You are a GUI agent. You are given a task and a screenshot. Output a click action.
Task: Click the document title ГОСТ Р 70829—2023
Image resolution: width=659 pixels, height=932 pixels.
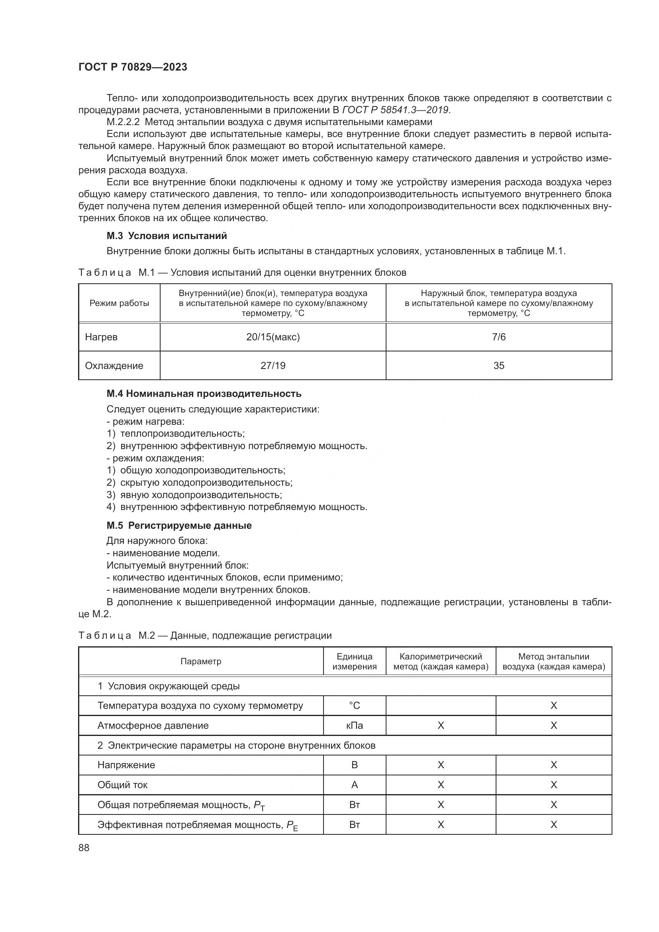133,67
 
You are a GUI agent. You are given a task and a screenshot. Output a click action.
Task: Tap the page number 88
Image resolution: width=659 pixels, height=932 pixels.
84,847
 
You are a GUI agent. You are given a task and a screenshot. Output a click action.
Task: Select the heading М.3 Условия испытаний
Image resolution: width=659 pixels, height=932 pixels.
167,236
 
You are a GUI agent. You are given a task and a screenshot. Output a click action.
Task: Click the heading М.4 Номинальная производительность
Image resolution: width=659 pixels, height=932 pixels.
204,393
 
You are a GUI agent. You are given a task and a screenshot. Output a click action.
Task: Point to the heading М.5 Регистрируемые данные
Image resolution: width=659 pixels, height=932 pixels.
179,525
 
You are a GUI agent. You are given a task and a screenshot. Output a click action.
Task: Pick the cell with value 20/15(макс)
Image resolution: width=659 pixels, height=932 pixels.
273,337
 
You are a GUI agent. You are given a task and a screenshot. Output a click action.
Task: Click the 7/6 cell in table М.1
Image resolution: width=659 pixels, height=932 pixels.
499,337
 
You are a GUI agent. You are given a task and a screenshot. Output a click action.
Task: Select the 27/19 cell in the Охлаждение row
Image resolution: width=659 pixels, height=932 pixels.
273,365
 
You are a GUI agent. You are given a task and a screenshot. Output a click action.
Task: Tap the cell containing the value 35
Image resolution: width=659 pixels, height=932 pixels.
499,365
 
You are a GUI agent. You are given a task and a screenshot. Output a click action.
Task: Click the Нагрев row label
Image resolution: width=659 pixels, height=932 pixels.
101,337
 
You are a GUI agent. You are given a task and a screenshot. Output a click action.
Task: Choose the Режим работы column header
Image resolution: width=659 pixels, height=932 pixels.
119,303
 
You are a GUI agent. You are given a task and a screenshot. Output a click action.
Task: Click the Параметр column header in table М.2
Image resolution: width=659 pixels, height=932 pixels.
201,661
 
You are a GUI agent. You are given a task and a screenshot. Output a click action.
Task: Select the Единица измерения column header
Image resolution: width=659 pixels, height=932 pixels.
354,661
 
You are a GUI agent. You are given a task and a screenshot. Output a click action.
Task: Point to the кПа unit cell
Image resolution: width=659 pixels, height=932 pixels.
354,725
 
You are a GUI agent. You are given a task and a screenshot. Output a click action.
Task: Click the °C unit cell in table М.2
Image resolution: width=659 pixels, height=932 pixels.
354,706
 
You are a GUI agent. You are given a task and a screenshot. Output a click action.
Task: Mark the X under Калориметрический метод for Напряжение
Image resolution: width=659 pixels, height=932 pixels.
441,765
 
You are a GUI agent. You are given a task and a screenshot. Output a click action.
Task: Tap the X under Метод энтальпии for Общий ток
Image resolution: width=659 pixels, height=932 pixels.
553,785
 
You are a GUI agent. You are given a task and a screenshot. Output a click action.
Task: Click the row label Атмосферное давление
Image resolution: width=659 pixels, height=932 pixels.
153,725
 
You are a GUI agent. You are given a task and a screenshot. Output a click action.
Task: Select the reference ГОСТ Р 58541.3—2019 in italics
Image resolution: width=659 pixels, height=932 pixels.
395,110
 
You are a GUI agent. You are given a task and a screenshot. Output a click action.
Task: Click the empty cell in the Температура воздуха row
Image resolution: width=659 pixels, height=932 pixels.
441,706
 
